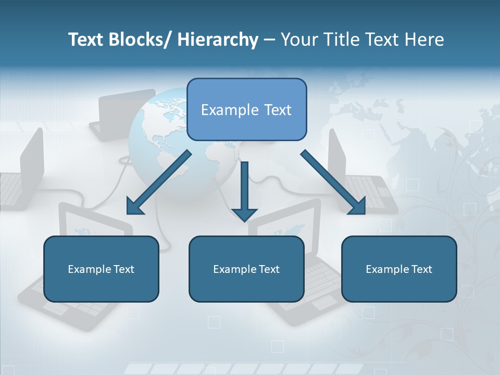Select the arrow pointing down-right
pyautogui.click(x=331, y=180)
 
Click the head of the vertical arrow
pyautogui.click(x=244, y=214)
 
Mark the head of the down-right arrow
pyautogui.click(x=358, y=206)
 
